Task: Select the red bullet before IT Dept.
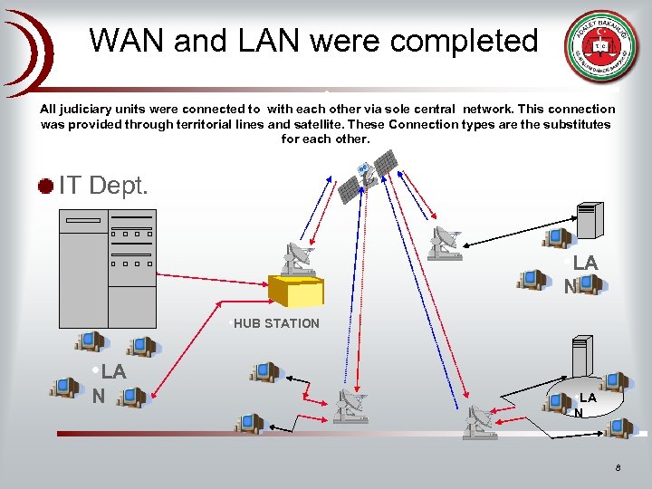click(45, 187)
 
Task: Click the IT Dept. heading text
click(103, 187)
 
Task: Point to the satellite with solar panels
click(367, 174)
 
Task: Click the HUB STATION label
click(276, 323)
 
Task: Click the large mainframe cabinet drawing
click(107, 268)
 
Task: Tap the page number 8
click(617, 468)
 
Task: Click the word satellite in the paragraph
click(317, 124)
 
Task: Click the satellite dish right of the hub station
click(444, 243)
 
